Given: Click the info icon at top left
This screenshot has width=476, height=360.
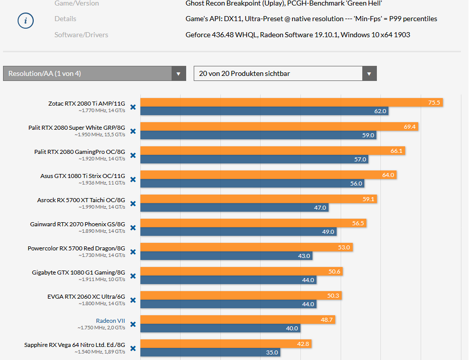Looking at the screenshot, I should point(26,21).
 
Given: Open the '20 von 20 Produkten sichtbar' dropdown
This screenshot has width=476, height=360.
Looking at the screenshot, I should point(285,73).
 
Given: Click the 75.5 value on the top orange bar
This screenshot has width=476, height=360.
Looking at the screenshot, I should point(434,103).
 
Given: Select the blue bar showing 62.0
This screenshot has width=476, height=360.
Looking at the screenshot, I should point(264,111).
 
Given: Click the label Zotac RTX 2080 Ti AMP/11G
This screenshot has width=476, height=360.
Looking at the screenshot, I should point(87,103).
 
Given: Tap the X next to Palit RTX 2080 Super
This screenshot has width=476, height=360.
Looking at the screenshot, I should point(133,131).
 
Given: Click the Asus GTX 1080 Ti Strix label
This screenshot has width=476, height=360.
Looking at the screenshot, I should point(83,175).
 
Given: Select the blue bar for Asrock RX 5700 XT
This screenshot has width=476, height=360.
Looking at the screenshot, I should point(234,208).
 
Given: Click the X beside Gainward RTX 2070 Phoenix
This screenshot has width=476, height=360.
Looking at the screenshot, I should point(133,228).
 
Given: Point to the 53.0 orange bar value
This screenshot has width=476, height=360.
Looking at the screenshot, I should point(344,247).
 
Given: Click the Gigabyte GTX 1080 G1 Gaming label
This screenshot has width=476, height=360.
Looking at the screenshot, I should point(78,272).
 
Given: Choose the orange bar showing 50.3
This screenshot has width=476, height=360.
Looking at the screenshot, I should point(241,296).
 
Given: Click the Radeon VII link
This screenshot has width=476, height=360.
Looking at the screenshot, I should point(110,320).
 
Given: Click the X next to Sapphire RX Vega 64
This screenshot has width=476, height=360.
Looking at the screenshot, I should point(133,348).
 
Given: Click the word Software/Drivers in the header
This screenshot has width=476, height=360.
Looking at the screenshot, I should point(81,35).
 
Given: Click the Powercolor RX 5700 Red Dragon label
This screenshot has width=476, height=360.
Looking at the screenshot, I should point(76,248).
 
